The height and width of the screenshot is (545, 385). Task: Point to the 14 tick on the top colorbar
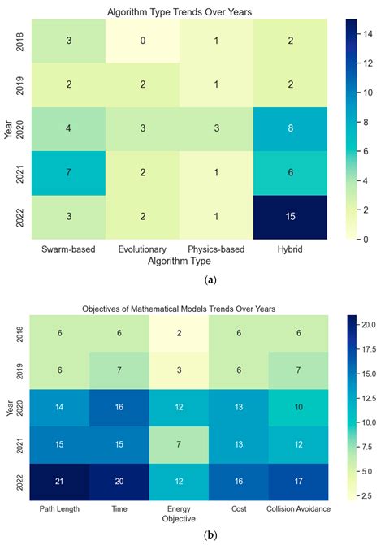(x=366, y=33)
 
